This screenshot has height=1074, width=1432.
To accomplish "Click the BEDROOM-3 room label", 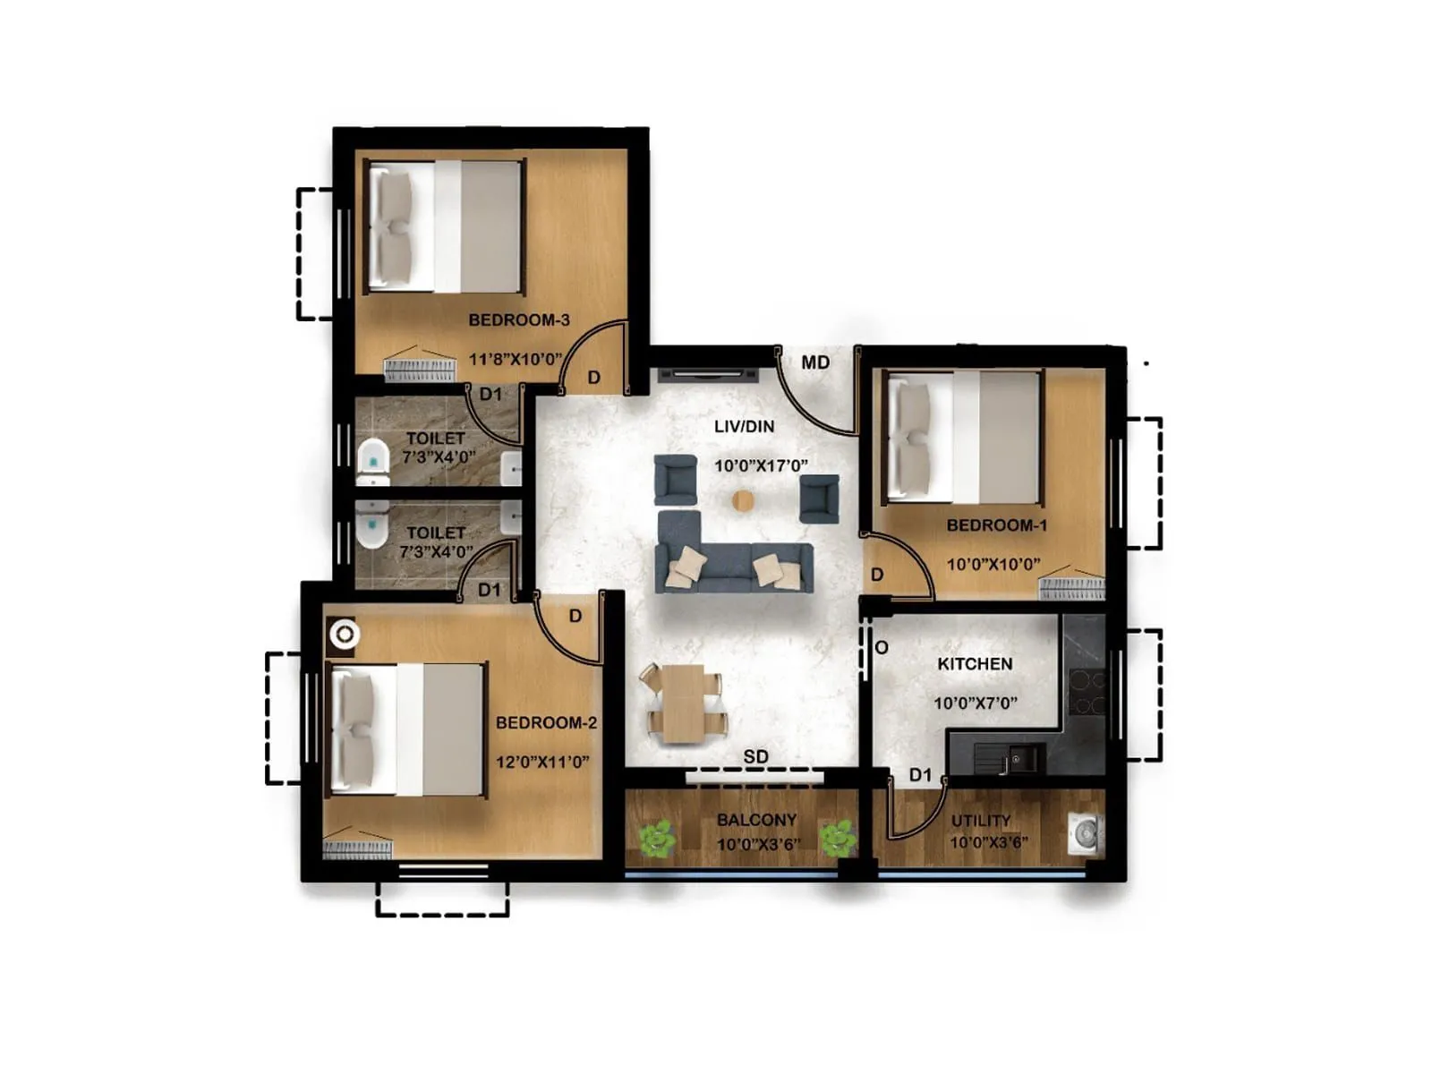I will (x=518, y=320).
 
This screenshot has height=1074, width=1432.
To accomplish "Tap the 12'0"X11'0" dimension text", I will (x=542, y=762).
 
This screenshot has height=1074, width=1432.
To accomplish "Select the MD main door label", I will (x=815, y=362).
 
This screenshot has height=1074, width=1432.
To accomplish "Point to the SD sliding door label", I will (x=755, y=756).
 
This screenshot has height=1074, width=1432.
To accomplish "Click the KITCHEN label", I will (x=975, y=664).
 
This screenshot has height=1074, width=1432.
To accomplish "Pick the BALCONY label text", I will (x=756, y=820).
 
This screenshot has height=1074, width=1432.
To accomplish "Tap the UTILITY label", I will (x=981, y=820).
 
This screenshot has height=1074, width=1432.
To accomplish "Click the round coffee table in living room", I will (x=743, y=501).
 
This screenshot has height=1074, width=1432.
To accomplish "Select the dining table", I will (x=684, y=703).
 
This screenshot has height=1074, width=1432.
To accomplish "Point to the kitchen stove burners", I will (x=1086, y=693).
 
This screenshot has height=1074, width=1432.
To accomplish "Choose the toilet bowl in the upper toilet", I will (x=373, y=456).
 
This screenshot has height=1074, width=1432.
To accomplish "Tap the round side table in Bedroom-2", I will (x=345, y=635).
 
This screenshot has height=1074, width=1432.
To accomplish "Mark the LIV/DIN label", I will (x=744, y=427).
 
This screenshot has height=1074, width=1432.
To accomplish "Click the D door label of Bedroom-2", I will (x=575, y=616).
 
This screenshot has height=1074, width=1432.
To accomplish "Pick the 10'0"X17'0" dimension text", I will (x=761, y=465).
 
